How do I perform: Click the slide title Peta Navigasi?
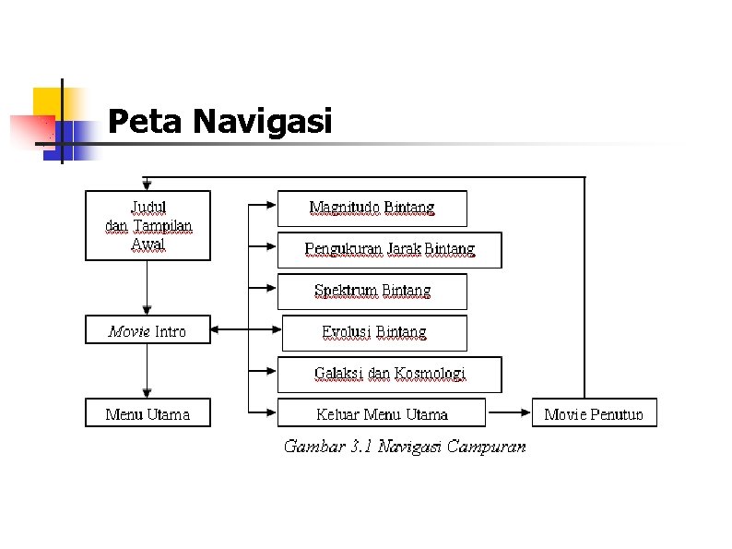219,122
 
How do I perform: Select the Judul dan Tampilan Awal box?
148,225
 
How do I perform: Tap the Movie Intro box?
148,330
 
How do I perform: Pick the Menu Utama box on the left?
148,413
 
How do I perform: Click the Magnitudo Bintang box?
372,209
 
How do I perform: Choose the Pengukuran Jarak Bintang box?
390,250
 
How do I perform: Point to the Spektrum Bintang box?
372,292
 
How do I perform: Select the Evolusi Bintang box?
374,332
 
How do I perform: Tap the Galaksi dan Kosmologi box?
390,374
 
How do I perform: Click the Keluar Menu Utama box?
382,413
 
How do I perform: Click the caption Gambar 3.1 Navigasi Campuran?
405,447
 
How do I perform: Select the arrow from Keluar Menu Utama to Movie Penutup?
508,412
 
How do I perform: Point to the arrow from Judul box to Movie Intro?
148,288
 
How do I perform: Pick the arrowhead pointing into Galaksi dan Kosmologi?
271,374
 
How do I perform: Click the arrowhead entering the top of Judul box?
148,185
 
